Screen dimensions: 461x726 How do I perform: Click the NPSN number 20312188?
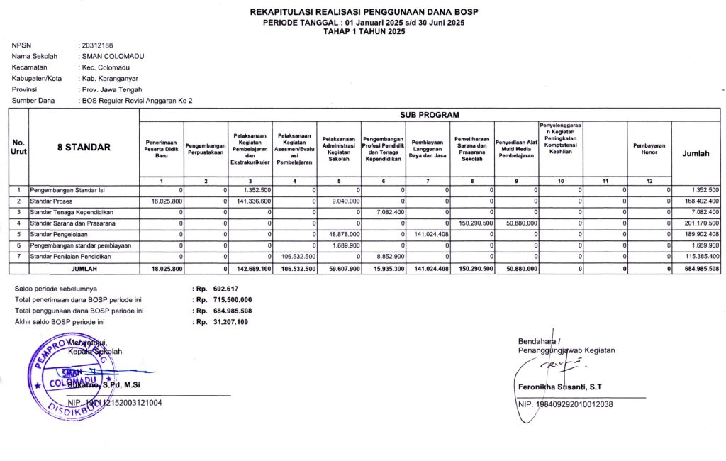[x=98, y=45]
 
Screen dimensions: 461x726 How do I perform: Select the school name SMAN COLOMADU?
[x=106, y=56]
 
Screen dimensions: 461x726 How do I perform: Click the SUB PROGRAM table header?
[x=430, y=114]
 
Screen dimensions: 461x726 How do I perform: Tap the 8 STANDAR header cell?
[x=84, y=148]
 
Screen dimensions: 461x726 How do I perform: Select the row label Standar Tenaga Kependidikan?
[x=71, y=212]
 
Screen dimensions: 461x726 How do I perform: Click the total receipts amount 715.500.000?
[x=232, y=300]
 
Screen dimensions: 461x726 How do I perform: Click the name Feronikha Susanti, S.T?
[x=561, y=387]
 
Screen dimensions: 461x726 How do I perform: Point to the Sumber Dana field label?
[x=33, y=101]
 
